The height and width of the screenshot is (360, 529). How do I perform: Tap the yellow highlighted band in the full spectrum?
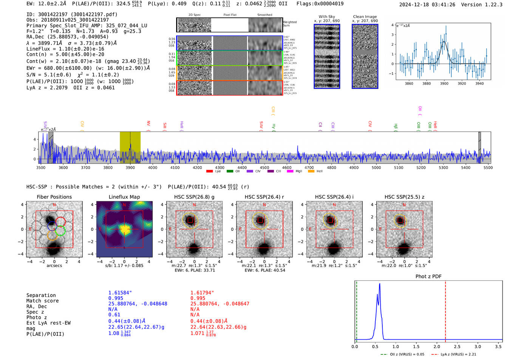click(130, 147)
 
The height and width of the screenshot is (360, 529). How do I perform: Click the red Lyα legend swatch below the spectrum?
click(209, 171)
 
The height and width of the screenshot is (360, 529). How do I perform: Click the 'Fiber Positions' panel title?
click(54, 197)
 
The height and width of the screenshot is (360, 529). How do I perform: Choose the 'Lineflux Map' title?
click(124, 197)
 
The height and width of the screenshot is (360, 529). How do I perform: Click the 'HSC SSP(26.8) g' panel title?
click(194, 197)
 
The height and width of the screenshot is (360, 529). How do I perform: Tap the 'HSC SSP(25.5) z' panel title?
click(404, 197)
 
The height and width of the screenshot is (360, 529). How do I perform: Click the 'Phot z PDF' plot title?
click(428, 277)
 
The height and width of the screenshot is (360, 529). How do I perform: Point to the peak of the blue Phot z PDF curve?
click(379, 284)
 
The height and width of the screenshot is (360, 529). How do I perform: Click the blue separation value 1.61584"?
click(120, 293)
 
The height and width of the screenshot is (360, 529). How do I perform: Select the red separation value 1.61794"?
click(202, 293)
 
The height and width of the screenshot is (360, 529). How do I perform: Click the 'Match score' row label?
click(42, 301)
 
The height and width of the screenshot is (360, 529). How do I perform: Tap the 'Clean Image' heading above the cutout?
click(365, 17)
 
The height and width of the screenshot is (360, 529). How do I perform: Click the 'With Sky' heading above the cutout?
click(327, 17)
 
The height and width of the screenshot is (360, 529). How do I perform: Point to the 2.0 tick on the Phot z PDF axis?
click(437, 346)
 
